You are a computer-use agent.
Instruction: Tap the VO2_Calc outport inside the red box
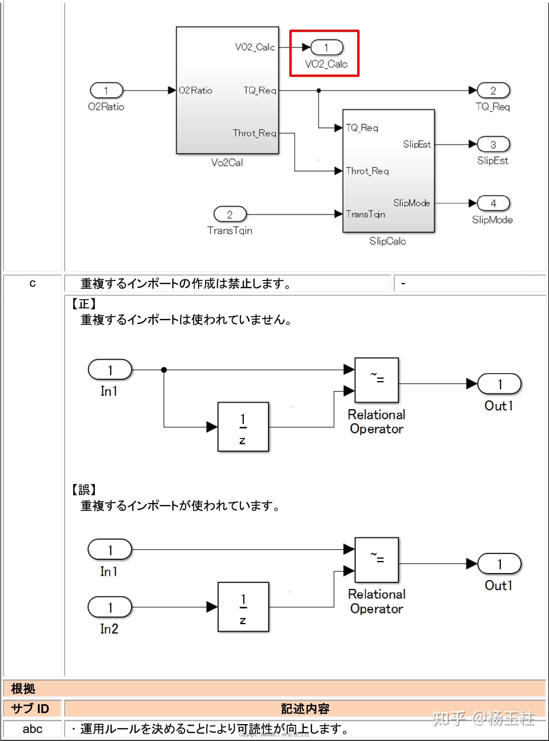click(x=327, y=48)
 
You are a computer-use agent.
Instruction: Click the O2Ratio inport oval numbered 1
click(x=106, y=90)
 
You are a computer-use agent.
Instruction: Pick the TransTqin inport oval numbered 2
click(x=230, y=214)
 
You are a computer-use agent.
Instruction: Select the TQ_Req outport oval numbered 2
click(x=493, y=90)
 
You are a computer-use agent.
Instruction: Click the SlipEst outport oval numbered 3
click(x=493, y=144)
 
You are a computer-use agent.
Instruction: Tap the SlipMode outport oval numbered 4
click(x=493, y=203)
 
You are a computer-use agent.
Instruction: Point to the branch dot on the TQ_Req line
click(x=318, y=90)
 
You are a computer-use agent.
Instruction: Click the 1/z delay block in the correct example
click(x=243, y=427)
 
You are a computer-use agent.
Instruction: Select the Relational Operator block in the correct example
click(x=377, y=380)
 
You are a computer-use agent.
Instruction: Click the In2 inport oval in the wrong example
click(x=110, y=607)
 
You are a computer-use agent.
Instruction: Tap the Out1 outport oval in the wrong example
click(x=499, y=564)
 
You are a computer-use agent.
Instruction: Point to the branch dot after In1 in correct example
click(x=164, y=370)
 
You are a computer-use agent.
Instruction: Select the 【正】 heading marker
click(x=84, y=304)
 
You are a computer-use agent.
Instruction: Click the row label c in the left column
click(x=32, y=283)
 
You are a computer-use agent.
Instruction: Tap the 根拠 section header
click(x=23, y=688)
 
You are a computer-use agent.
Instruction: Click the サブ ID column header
click(x=30, y=709)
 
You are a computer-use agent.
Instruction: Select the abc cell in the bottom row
click(x=32, y=729)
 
